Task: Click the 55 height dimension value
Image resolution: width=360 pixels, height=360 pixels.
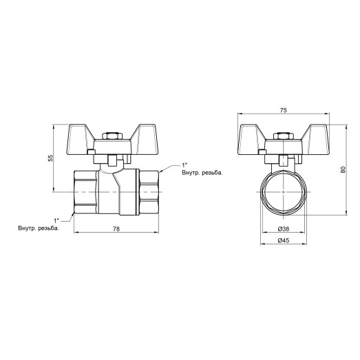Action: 50,158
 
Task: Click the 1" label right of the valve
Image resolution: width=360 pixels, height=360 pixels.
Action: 184,165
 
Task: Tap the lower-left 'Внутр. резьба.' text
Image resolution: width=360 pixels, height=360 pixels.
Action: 39,228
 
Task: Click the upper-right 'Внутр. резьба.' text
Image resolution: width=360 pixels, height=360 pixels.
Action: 201,174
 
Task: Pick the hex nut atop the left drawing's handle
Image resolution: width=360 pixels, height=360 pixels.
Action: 107,138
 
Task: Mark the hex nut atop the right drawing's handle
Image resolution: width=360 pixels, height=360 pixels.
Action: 282,138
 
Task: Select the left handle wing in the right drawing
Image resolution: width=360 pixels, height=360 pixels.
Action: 252,135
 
